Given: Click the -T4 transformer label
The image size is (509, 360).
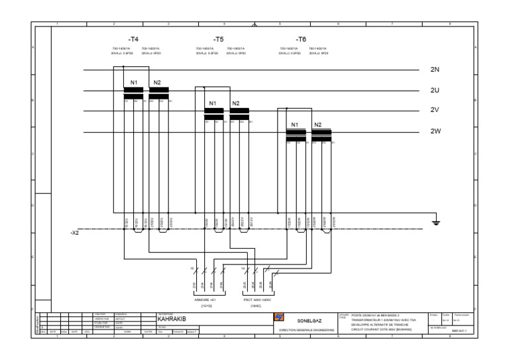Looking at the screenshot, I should [133, 40].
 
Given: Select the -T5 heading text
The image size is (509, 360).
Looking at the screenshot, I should [219, 40].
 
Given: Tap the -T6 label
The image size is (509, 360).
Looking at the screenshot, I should [301, 40].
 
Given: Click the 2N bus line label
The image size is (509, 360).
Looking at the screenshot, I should [435, 70].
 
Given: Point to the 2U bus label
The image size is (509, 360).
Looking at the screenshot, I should [435, 91].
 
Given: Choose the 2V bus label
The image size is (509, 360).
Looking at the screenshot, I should [435, 111].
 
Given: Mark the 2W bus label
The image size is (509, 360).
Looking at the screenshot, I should [435, 131].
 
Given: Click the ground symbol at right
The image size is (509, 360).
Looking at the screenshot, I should [435, 223].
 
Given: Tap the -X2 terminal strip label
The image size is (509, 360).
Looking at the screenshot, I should [74, 233].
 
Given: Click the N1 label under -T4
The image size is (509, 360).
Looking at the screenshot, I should [134, 82].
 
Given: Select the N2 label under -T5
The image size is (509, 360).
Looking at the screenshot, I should [235, 103].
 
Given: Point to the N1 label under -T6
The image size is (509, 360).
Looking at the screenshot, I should [296, 125].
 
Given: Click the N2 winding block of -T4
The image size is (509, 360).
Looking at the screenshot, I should [159, 93].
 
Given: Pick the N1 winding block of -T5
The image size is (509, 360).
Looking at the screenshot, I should [213, 114].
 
